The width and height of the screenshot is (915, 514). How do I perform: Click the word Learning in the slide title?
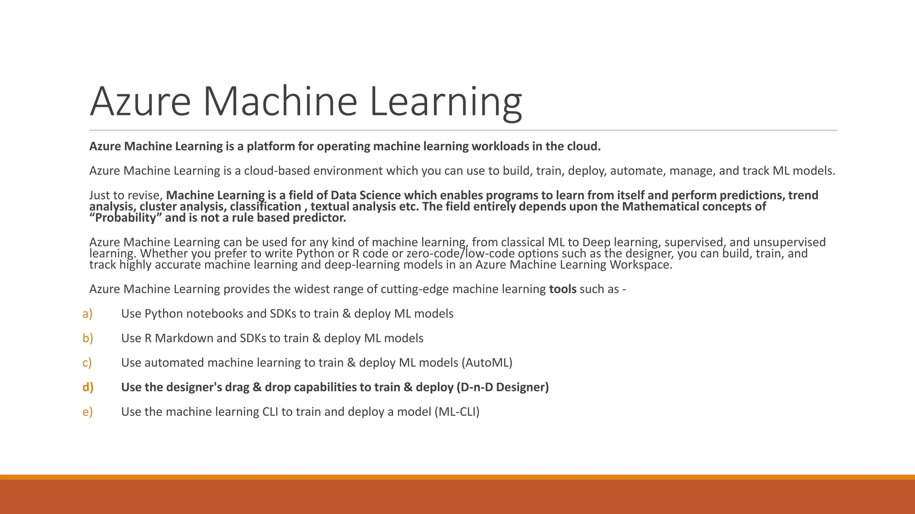pos(445,102)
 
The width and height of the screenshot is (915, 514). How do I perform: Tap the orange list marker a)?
pos(87,314)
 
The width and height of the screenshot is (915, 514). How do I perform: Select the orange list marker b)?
pos(88,338)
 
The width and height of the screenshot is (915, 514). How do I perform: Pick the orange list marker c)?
pos(87,362)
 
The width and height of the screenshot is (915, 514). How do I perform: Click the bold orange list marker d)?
pos(88,387)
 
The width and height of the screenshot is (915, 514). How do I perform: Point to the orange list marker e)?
pos(87,411)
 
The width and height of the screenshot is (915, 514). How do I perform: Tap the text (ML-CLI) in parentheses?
pos(457,411)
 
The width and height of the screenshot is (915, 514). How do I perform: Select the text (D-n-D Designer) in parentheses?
pos(503,387)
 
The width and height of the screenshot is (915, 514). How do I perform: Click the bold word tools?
pos(562,289)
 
